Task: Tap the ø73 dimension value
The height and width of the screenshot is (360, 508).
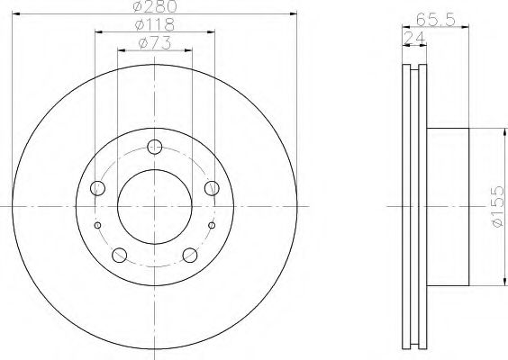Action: click(154, 42)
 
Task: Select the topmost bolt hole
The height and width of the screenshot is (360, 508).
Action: click(154, 147)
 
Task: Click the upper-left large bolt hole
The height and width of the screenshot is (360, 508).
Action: click(98, 187)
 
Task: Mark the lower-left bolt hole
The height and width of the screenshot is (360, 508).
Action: click(120, 254)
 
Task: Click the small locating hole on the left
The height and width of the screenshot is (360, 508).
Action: click(97, 224)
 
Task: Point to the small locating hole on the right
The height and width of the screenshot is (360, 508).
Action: click(212, 224)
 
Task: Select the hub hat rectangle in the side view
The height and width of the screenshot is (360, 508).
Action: click(448, 206)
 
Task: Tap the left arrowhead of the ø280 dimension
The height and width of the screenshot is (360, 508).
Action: click(16, 14)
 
